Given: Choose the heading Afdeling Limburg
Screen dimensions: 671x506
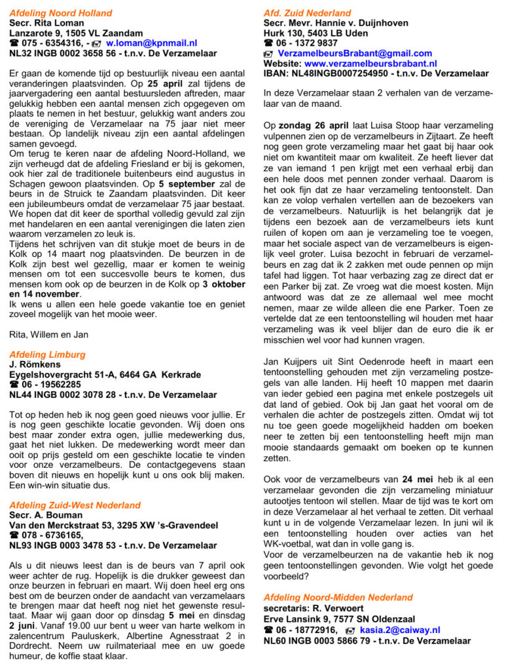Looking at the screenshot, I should click(47, 355).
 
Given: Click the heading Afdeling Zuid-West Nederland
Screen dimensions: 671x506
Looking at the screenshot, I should click(75, 505).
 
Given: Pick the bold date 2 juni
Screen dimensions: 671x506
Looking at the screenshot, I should click(24, 608).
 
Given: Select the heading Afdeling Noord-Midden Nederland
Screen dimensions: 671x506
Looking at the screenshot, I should click(338, 597).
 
